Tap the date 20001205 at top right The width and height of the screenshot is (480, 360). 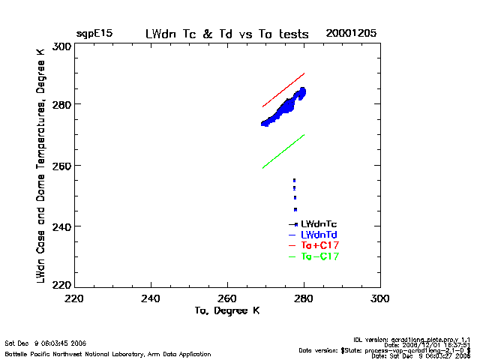(x=351, y=34)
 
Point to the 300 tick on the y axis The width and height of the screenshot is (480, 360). (x=62, y=46)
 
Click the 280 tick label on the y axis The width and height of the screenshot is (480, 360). (x=62, y=104)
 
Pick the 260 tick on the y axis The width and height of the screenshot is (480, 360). (x=62, y=165)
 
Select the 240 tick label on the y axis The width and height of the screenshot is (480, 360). (x=62, y=226)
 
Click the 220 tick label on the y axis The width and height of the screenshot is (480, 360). (x=62, y=284)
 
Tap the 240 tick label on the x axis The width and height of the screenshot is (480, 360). (x=151, y=298)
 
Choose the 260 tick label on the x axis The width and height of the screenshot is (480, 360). (x=227, y=298)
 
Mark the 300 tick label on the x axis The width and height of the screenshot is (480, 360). (x=379, y=298)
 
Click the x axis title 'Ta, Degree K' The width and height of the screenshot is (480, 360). (x=227, y=310)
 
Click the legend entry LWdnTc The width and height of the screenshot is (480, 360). (x=319, y=224)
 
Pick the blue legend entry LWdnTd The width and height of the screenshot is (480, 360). (x=319, y=235)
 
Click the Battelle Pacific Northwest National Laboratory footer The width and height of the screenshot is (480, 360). (x=108, y=353)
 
